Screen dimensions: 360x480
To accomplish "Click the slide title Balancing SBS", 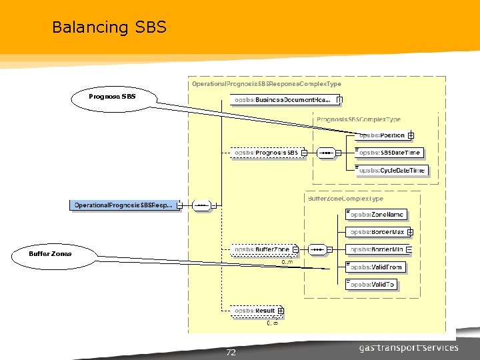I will pyautogui.click(x=109, y=27).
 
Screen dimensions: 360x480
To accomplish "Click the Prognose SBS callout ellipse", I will pyautogui.click(x=112, y=97).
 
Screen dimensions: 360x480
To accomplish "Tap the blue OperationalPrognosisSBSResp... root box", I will pyautogui.click(x=123, y=205).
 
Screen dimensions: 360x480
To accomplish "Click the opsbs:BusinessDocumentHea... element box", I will pyautogui.click(x=283, y=100).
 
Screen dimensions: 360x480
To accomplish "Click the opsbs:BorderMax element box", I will pyautogui.click(x=377, y=232).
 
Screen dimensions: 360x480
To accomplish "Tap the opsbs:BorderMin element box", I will pyautogui.click(x=377, y=249).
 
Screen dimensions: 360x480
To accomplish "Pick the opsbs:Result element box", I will pyautogui.click(x=255, y=311).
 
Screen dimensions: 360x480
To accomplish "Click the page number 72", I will pyautogui.click(x=231, y=352).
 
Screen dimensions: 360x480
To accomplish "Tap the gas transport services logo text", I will pyautogui.click(x=408, y=347).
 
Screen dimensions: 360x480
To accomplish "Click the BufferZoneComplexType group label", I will pyautogui.click(x=345, y=199).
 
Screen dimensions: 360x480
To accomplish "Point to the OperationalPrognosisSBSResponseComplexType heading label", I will pyautogui.click(x=266, y=84).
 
